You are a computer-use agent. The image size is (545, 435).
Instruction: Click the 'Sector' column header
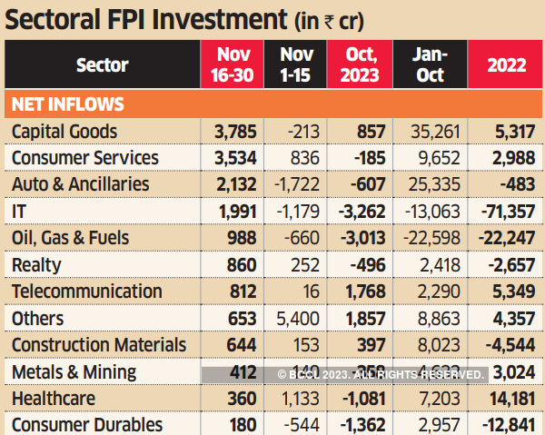click(102, 65)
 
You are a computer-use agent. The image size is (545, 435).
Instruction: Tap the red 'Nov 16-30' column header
click(233, 64)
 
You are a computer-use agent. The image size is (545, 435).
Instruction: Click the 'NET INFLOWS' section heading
click(68, 104)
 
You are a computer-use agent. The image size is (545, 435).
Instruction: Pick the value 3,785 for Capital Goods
click(233, 132)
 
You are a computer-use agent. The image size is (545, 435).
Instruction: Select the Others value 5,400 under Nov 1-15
click(295, 319)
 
